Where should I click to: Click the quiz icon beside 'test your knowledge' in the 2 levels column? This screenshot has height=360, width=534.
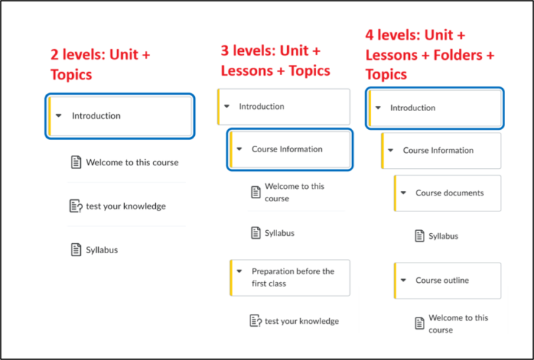pyautogui.click(x=76, y=206)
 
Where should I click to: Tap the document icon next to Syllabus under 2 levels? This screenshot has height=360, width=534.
pyautogui.click(x=76, y=250)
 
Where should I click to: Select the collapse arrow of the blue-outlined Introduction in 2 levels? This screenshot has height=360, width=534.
pyautogui.click(x=58, y=116)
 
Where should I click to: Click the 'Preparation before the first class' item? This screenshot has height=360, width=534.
pyautogui.click(x=290, y=278)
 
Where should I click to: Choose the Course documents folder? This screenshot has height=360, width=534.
pyautogui.click(x=447, y=193)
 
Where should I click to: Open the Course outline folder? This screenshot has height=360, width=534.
pyautogui.click(x=447, y=281)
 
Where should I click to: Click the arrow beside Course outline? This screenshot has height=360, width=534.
pyautogui.click(x=403, y=281)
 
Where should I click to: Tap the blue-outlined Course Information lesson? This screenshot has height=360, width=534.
pyautogui.click(x=290, y=149)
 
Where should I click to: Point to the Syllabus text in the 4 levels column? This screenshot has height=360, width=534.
pyautogui.click(x=443, y=236)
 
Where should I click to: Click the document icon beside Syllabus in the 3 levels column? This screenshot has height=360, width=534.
pyautogui.click(x=255, y=233)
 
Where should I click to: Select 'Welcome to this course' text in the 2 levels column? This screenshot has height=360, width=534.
pyautogui.click(x=132, y=162)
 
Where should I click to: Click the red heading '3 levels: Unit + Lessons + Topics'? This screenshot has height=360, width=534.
pyautogui.click(x=276, y=61)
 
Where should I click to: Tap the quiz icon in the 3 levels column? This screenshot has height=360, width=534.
pyautogui.click(x=255, y=321)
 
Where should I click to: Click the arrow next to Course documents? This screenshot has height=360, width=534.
pyautogui.click(x=403, y=193)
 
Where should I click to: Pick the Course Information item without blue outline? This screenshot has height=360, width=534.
pyautogui.click(x=442, y=151)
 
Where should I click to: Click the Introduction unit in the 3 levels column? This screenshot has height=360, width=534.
pyautogui.click(x=284, y=107)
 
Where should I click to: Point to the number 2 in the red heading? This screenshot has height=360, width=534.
pyautogui.click(x=55, y=55)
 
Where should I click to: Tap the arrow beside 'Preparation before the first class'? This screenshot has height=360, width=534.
pyautogui.click(x=240, y=271)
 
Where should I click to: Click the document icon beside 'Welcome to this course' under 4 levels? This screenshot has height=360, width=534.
pyautogui.click(x=419, y=323)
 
